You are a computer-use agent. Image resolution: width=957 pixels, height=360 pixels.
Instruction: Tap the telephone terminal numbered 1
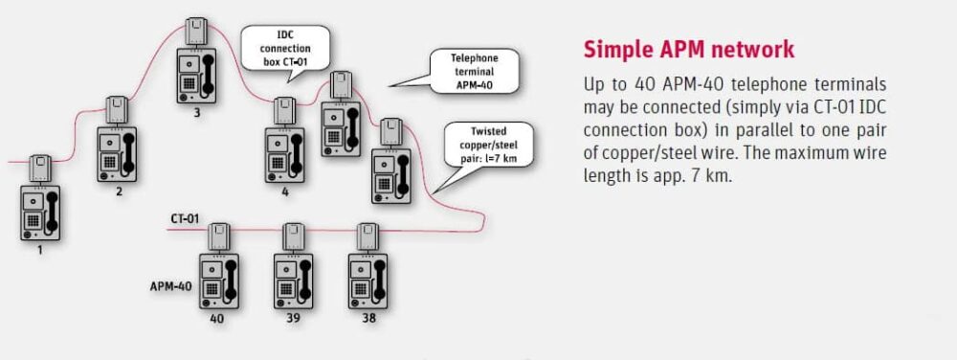click(40, 214)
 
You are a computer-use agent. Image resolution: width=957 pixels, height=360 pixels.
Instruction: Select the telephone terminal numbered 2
click(117, 154)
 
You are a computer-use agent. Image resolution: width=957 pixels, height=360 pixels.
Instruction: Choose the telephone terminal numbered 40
click(218, 281)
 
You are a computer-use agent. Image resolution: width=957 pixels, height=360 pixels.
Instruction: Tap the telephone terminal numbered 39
click(293, 281)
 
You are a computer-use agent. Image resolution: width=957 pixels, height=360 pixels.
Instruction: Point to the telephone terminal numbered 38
click(369, 281)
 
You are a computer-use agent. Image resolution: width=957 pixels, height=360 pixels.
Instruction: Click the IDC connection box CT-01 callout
click(283, 47)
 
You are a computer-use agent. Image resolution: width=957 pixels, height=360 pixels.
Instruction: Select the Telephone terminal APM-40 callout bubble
click(476, 72)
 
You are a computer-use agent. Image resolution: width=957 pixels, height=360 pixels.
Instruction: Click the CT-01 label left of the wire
click(185, 219)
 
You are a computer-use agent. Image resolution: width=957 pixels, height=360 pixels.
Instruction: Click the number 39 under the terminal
click(293, 318)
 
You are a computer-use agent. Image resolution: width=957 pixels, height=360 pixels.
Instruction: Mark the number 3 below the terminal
click(196, 113)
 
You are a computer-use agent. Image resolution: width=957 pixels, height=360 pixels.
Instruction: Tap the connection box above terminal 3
click(197, 32)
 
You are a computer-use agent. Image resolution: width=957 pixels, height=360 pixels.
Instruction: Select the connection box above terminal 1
click(40, 169)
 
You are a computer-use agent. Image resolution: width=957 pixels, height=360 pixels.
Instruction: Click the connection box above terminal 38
click(368, 236)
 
